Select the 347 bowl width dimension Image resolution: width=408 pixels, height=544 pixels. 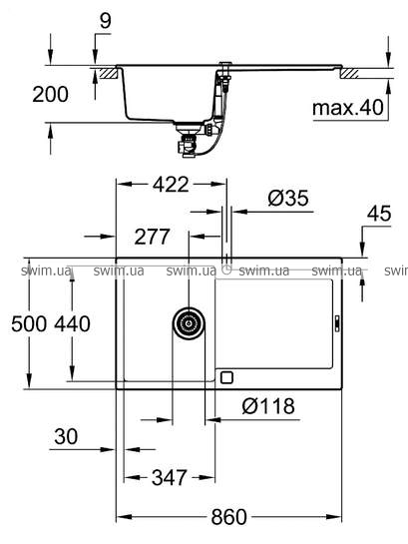coord(170,478)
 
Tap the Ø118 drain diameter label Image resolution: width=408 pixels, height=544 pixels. coord(268,406)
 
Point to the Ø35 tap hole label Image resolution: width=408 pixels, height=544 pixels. coord(288,198)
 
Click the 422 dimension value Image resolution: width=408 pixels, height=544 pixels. coord(171,185)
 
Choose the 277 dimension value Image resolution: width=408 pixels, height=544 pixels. coord(152,237)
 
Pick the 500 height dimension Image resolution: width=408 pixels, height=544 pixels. coord(29,324)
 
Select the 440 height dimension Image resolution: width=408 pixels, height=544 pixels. coord(72,324)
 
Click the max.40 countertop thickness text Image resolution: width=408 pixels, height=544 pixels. coord(348,108)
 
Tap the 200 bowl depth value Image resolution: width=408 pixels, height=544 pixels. coord(50,95)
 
